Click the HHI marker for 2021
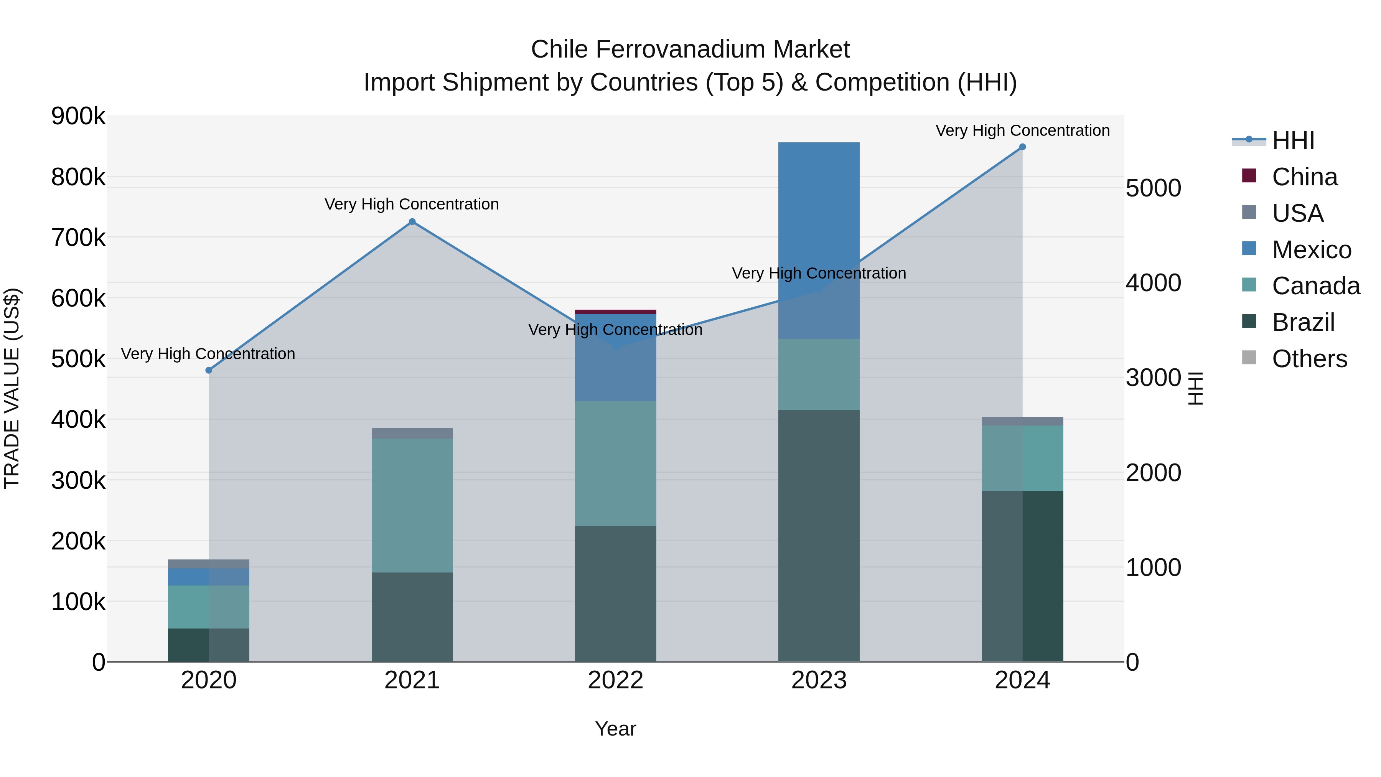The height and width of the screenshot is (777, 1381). tap(412, 221)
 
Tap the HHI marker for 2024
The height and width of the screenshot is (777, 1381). tap(1022, 147)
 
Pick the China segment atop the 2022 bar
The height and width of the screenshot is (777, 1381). tap(615, 312)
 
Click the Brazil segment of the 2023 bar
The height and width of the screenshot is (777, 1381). tap(819, 536)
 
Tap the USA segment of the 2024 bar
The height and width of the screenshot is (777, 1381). tap(1022, 421)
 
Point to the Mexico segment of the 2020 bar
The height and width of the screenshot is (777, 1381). tap(209, 577)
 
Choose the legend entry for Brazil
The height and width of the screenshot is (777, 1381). tap(1303, 322)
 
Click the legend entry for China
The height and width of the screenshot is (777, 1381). tap(1304, 177)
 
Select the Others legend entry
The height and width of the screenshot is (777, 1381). tap(1308, 359)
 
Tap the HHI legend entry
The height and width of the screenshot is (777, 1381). tap(1292, 140)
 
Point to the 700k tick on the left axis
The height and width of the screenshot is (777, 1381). tap(78, 238)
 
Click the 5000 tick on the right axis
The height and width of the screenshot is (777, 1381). tap(1153, 188)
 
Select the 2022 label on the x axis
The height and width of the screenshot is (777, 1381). tap(615, 680)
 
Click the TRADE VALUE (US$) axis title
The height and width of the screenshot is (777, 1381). tap(12, 388)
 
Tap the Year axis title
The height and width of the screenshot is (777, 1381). tap(615, 729)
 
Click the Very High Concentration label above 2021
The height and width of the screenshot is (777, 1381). tap(412, 204)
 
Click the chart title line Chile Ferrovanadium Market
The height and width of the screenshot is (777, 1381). tap(690, 49)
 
